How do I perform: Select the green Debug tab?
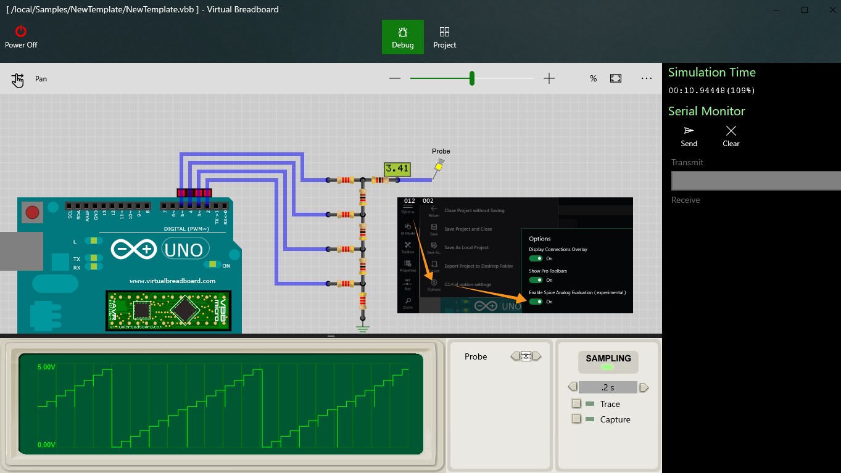click(402, 37)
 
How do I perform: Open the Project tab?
click(444, 37)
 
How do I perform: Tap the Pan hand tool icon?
click(18, 80)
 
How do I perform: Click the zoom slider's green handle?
click(472, 78)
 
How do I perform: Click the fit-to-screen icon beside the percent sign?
click(616, 78)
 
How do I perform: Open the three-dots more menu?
click(646, 78)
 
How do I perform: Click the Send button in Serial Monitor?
click(689, 136)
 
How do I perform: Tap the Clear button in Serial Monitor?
click(731, 136)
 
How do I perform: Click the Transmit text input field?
click(755, 181)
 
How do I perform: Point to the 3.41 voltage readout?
click(396, 168)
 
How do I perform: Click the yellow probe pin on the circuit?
click(439, 165)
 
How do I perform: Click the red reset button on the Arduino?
click(32, 213)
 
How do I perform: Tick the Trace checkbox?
click(576, 404)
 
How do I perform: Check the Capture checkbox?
click(576, 419)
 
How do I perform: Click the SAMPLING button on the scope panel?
click(608, 361)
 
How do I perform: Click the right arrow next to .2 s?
click(644, 387)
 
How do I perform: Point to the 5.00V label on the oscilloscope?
click(47, 367)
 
